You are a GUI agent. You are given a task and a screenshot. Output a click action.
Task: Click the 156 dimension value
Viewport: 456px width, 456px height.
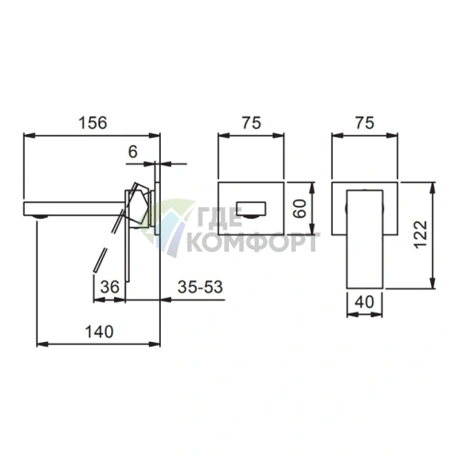click(93, 123)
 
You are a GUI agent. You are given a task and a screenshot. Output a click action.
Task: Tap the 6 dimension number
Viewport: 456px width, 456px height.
click(132, 152)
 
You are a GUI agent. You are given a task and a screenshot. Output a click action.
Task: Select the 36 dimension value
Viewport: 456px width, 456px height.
click(109, 287)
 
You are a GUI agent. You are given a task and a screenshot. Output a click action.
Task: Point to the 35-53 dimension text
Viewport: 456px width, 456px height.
click(200, 287)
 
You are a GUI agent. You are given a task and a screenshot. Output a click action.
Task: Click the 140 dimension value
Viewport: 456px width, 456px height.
click(99, 332)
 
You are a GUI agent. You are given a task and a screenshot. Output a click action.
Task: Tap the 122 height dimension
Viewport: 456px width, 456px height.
click(420, 234)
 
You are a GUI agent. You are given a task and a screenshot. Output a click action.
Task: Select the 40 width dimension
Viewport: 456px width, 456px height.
click(364, 302)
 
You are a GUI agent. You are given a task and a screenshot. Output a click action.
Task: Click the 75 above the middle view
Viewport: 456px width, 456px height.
click(252, 122)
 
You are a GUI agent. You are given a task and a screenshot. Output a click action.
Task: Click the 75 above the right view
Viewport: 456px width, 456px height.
click(365, 122)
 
